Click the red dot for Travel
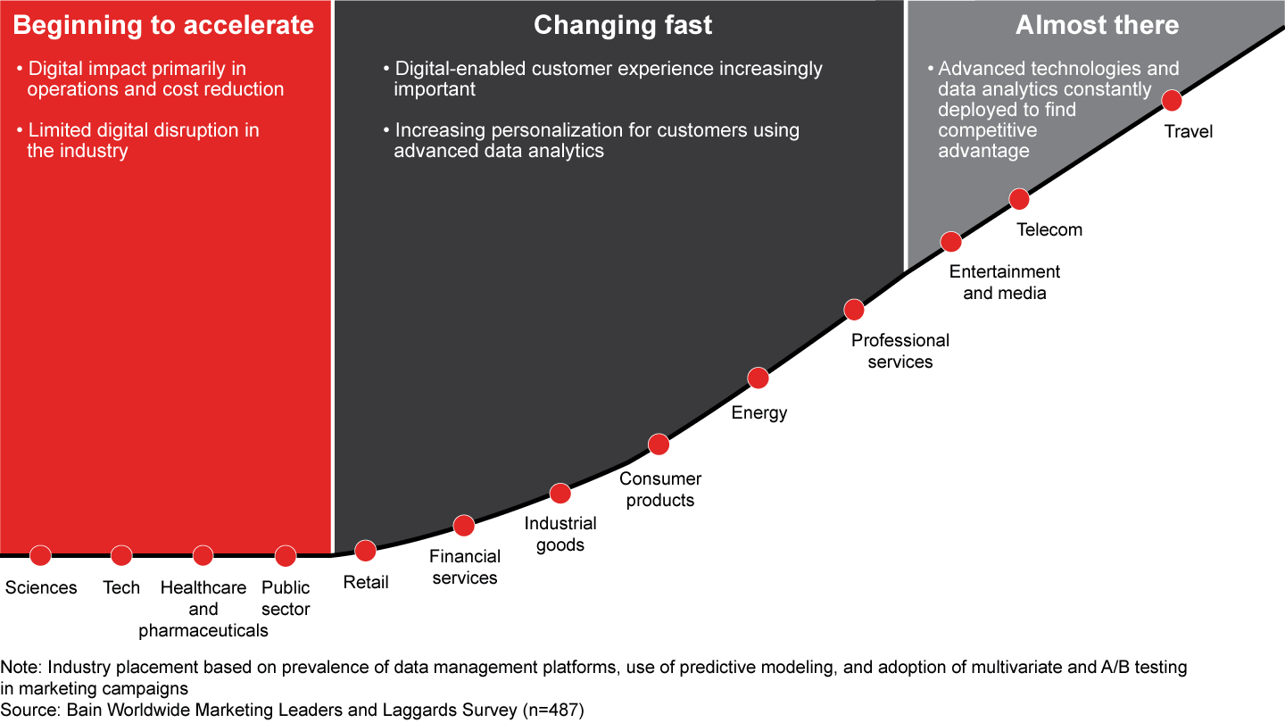coord(1172,101)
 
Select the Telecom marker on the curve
coord(1019,199)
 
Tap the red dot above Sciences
coord(40,555)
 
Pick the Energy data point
coord(758,378)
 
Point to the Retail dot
coord(365,551)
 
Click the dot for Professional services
coord(854,310)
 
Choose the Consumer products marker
coord(659,444)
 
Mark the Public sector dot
coord(286,556)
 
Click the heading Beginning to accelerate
coord(163,25)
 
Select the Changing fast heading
coord(623,25)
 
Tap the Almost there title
coord(1097,25)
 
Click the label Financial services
coord(465,567)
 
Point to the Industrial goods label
coord(560,534)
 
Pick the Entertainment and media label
coord(1005,282)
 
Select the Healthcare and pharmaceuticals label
coord(203,609)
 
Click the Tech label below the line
coord(121,587)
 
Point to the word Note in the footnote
coord(19,667)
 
